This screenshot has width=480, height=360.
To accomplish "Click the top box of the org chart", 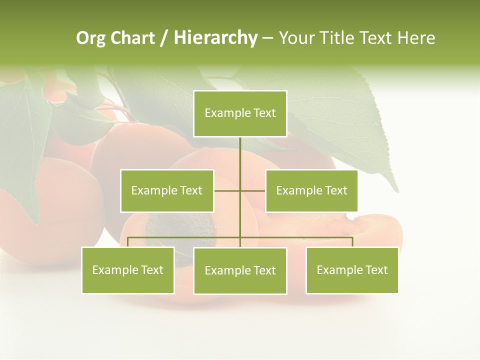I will [240, 113].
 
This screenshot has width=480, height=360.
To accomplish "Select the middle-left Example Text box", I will [167, 190].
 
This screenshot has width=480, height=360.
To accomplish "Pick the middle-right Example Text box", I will [311, 190].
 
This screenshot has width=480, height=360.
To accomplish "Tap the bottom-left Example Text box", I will [128, 270].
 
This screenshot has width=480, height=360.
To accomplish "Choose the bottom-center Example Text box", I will [240, 270].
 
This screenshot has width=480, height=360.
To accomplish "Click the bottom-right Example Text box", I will [352, 270].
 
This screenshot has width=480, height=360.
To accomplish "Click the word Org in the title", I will [91, 38].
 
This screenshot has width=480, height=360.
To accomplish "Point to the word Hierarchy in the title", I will [215, 38].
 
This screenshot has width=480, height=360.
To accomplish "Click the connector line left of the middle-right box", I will [253, 190].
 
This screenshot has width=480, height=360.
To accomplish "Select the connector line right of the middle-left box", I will [226, 190].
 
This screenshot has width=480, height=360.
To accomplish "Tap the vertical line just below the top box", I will [240, 150].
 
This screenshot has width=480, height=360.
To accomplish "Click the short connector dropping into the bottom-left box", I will [128, 242].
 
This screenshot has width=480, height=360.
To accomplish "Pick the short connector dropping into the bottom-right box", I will [352, 242].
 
